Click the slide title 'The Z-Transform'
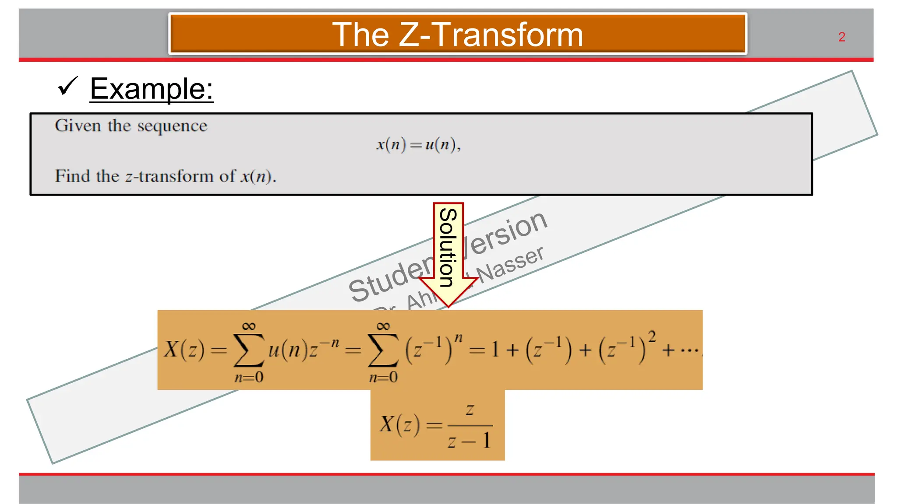pos(457,35)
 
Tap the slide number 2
pos(841,37)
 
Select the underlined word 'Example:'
pos(152,89)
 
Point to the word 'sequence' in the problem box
pos(172,126)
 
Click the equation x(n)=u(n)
pos(418,144)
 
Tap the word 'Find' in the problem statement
pos(72,176)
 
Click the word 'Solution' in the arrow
pos(448,247)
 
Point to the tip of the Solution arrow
pos(448,306)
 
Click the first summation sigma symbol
pos(249,350)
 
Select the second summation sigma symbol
pos(383,350)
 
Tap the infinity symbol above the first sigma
pos(249,326)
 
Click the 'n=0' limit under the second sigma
pos(383,377)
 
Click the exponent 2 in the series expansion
pos(652,336)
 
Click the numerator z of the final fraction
pos(470,410)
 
